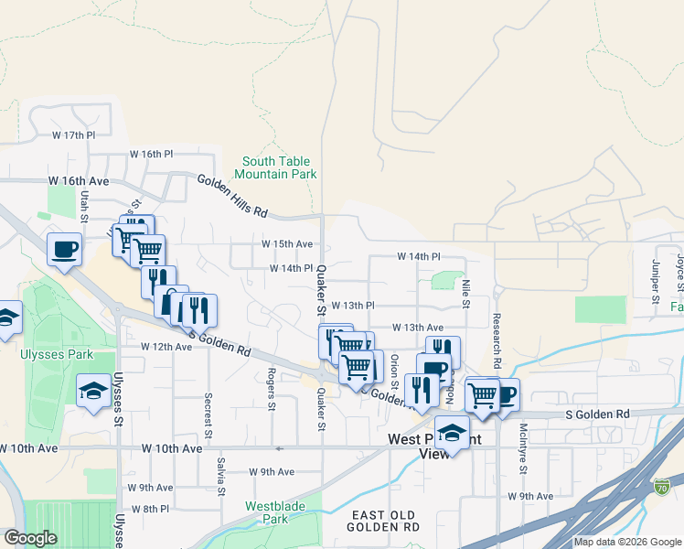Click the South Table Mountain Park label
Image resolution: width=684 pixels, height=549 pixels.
point(275,167)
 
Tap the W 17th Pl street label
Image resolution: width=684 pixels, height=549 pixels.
point(74,135)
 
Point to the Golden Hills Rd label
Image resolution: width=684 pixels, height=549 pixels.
point(232,197)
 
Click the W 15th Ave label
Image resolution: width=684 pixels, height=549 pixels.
point(287,244)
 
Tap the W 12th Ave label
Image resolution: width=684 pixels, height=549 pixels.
point(166,347)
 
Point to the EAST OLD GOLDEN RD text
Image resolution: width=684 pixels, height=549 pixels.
point(386,522)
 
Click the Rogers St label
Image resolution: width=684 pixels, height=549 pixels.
point(272,389)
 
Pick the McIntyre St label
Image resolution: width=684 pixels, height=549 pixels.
point(523,454)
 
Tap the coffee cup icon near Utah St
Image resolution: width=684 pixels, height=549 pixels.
point(64,251)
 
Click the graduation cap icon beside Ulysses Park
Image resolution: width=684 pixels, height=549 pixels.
point(92,392)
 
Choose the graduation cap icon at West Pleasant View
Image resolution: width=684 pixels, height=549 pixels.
point(451,430)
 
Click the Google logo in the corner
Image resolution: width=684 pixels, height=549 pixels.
point(30,538)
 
